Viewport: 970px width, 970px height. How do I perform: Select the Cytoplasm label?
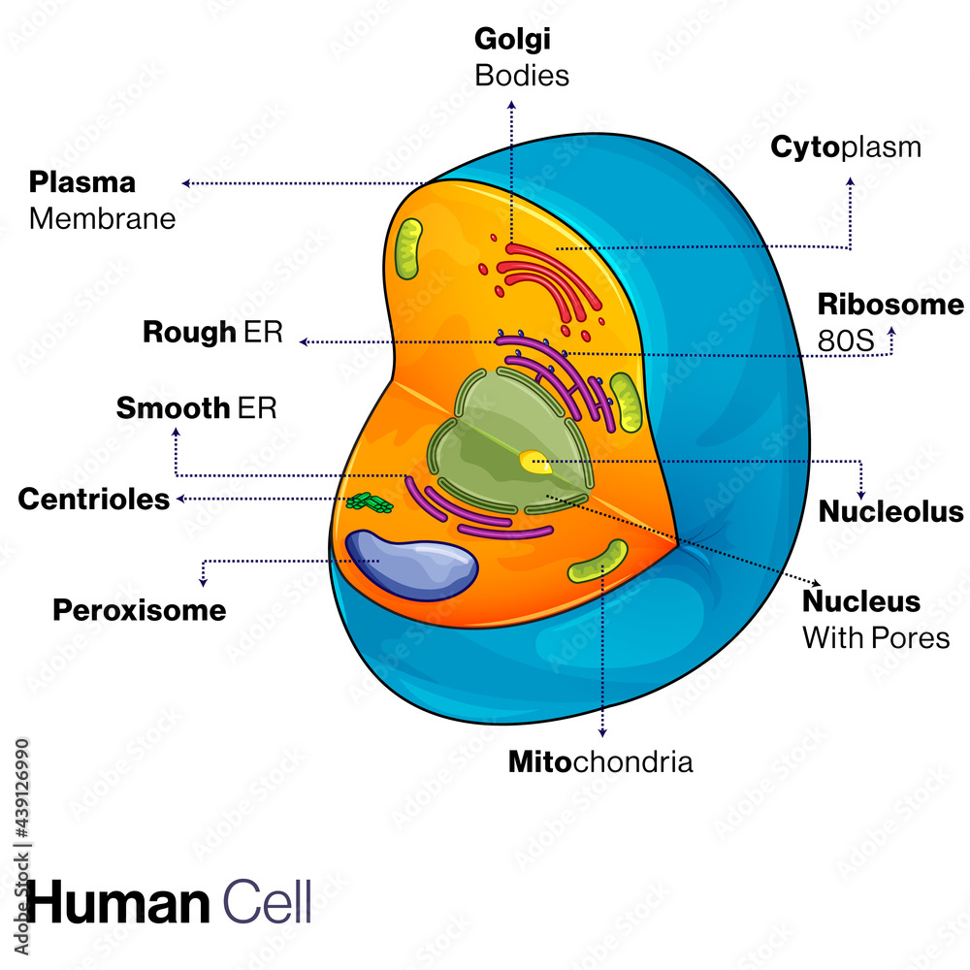pos(845,147)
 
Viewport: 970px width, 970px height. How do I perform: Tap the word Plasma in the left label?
pos(82,182)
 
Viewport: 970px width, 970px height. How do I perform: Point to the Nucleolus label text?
pos(891,511)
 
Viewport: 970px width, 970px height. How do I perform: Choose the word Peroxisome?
pos(139,610)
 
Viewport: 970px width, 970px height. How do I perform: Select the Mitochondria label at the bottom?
pos(600,761)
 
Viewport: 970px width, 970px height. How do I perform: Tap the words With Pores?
pos(875,638)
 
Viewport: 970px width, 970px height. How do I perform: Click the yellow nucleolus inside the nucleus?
pos(534,462)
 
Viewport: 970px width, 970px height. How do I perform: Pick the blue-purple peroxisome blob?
pos(412,565)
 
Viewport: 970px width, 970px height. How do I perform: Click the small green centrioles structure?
pos(371,502)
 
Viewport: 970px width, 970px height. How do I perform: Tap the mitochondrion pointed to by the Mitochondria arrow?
pos(598,562)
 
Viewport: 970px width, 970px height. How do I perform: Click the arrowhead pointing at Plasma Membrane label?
pos(184,182)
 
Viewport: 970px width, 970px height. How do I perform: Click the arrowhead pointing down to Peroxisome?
pos(203,582)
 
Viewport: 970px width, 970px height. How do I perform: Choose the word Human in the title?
pos(117,902)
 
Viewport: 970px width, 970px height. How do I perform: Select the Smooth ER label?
pos(197,407)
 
